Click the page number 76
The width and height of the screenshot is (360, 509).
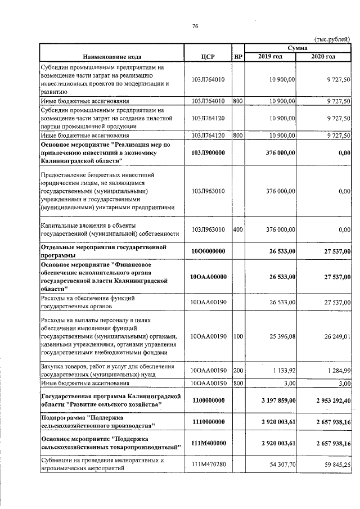[x=195, y=26]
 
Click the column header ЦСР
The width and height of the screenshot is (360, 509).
[x=208, y=57]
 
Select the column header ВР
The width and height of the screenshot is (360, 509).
[x=238, y=57]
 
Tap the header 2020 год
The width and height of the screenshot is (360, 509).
[x=323, y=57]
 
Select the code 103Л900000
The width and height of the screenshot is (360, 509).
[x=208, y=152]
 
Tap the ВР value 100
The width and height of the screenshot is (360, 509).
[x=238, y=336]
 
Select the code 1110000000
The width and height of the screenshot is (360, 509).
[x=208, y=421]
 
